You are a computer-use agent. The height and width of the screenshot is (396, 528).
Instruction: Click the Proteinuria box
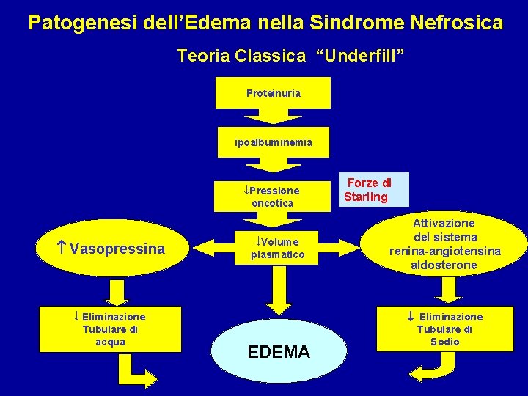point(273,93)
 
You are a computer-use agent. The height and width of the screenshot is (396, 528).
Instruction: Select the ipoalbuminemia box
point(273,142)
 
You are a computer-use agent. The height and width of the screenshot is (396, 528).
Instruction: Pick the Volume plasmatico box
point(273,248)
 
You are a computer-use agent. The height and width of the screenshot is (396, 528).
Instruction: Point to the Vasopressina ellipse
point(110,249)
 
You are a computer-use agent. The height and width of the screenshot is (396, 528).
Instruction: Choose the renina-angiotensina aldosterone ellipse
point(444,244)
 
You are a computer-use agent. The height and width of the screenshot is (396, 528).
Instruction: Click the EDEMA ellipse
point(279,351)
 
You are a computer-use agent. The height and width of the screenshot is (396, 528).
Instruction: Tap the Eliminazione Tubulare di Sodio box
point(445,329)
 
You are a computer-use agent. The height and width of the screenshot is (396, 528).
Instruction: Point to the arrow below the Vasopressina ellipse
point(114,292)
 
